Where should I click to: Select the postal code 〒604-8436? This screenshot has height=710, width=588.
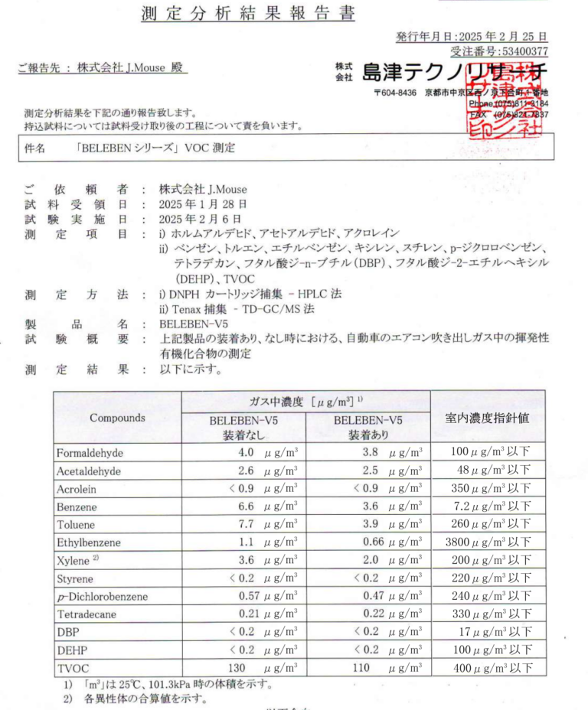point(395,93)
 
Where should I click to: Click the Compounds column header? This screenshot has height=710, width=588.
point(117,419)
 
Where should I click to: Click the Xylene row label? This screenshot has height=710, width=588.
point(76,560)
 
